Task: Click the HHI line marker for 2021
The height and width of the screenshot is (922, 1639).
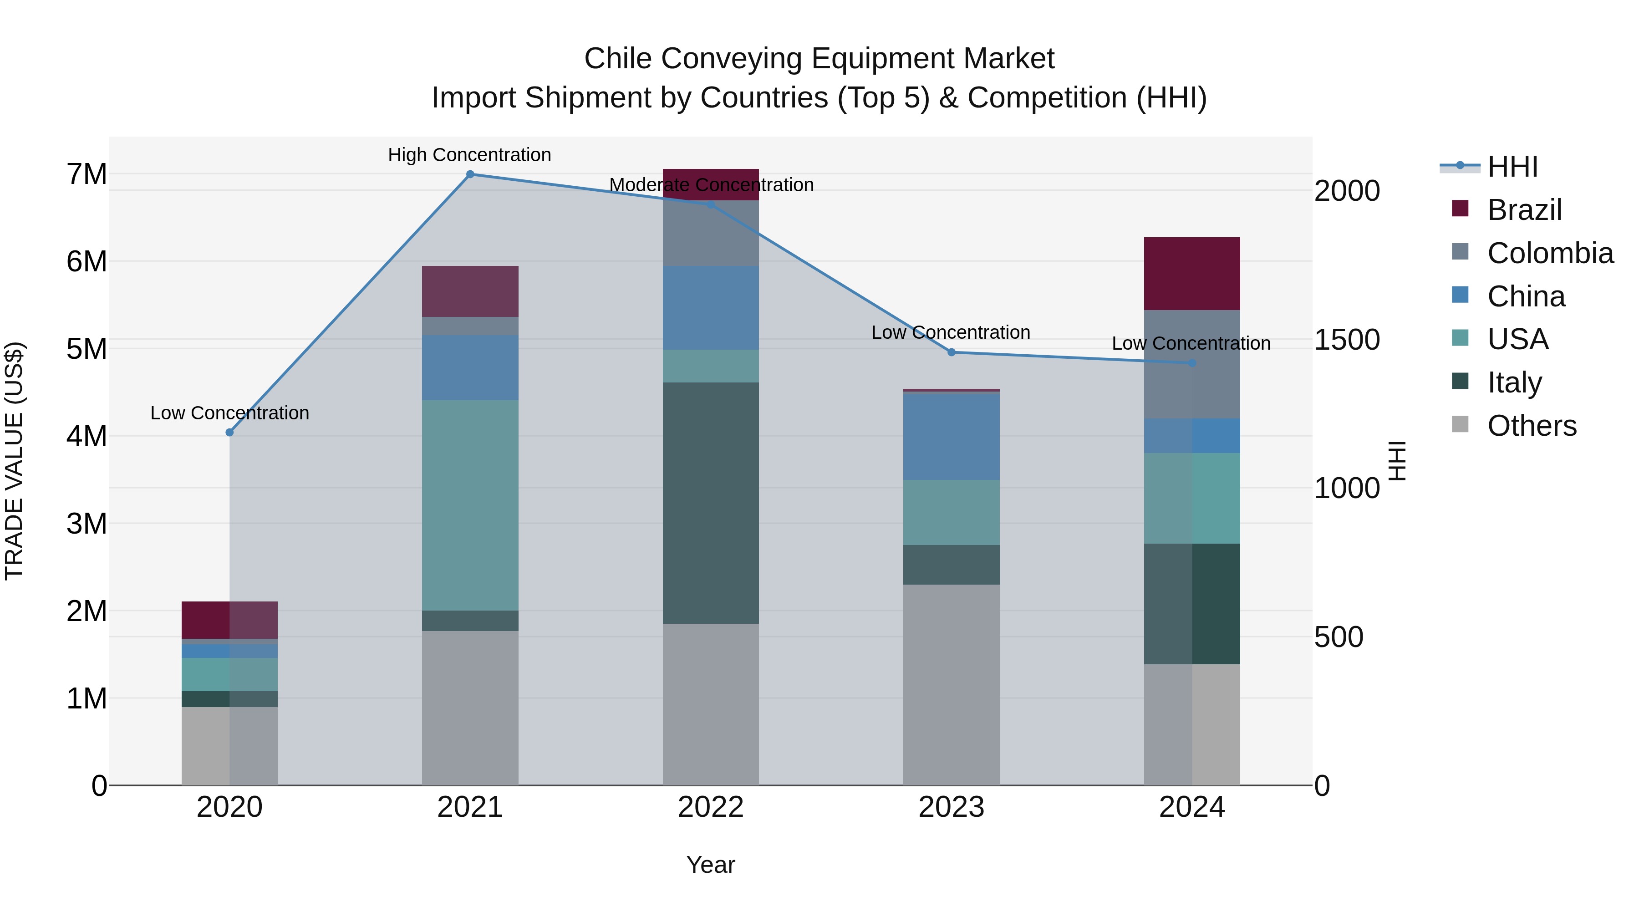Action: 470,174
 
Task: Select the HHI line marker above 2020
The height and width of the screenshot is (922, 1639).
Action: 230,433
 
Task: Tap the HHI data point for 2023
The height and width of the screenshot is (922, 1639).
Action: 952,352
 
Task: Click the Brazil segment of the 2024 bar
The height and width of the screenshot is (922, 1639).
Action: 1192,274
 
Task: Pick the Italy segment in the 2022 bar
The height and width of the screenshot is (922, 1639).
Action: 711,503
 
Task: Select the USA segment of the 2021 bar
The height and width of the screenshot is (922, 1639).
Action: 470,505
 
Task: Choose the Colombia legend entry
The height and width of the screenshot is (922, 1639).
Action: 1550,253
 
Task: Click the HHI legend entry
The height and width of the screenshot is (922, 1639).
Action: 1512,167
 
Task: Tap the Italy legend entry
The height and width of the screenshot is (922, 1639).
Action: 1514,382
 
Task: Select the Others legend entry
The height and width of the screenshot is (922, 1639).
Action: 1532,426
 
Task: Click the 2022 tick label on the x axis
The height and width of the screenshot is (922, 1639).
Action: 711,807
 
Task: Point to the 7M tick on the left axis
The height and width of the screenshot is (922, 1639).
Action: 87,174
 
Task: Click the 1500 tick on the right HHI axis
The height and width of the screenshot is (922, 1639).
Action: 1347,340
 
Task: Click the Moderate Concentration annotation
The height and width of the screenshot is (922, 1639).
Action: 711,185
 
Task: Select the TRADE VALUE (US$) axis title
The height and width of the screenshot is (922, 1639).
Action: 14,461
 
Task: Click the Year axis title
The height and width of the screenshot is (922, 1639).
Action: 711,865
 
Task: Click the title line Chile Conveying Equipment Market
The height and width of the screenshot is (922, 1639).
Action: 819,59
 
